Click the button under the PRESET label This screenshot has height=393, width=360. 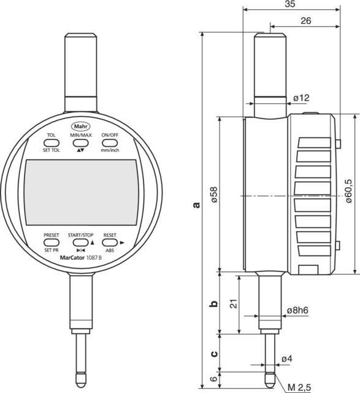[52, 243]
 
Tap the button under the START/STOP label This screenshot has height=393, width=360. [80, 243]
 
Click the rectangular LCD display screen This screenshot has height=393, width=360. [81, 192]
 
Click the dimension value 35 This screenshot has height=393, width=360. [292, 6]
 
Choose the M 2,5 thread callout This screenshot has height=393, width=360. [300, 386]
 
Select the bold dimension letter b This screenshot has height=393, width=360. [213, 304]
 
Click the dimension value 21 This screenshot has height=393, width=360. [231, 303]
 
